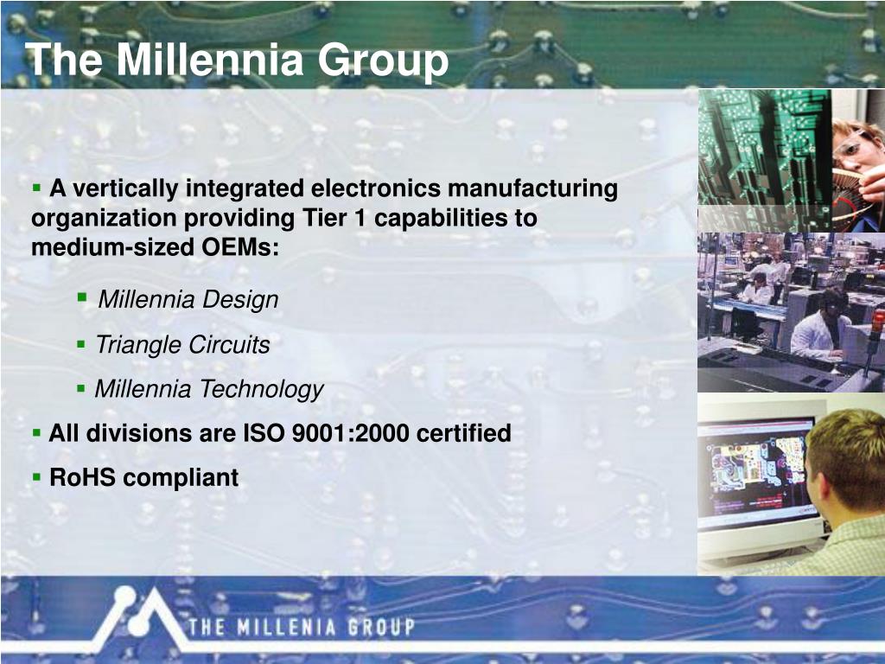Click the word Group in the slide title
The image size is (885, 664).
click(x=383, y=63)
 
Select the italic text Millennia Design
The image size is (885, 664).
click(x=188, y=299)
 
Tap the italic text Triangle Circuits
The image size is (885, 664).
click(x=183, y=344)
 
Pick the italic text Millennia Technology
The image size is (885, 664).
click(x=209, y=389)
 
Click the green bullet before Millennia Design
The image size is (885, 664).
click(x=82, y=297)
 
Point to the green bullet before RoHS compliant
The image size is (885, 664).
click(x=36, y=477)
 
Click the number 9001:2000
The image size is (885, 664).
click(x=351, y=433)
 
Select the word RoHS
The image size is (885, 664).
click(x=82, y=477)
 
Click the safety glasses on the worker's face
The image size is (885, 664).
click(x=853, y=144)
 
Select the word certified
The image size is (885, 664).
click(x=463, y=433)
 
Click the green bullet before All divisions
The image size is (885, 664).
click(x=36, y=433)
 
